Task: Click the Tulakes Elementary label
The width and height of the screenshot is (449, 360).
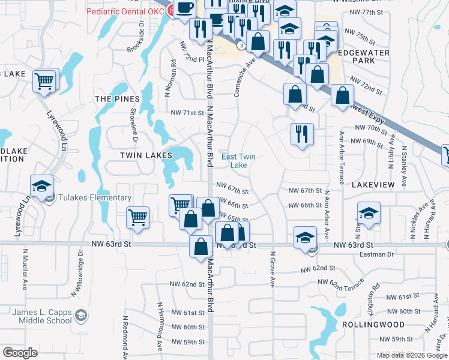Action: [95, 197]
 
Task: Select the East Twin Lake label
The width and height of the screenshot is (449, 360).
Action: [238, 161]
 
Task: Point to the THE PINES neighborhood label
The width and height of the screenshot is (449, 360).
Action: [117, 99]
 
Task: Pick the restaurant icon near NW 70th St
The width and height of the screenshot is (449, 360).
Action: [301, 133]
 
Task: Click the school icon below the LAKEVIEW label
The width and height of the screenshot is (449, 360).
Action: [369, 214]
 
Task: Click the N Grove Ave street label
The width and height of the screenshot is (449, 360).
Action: [272, 269]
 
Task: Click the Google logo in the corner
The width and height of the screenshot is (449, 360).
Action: [20, 353]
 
